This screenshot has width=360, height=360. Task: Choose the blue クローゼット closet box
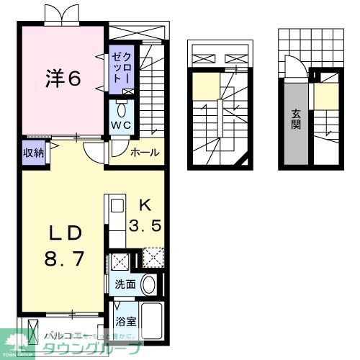pos(119,68)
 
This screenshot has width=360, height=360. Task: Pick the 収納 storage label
pos(33,152)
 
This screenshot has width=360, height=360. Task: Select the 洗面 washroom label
pos(125,284)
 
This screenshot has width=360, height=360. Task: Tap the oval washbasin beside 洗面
pos(148,284)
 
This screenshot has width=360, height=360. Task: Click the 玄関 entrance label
pos(297,119)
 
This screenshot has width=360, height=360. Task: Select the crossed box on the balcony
pos(31,333)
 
